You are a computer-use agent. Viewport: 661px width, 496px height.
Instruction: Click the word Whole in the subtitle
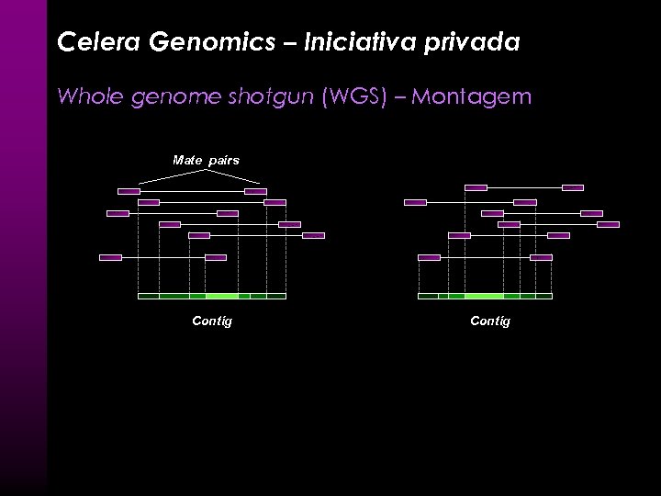[x=87, y=96]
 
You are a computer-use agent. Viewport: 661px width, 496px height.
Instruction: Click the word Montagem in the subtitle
[x=472, y=96]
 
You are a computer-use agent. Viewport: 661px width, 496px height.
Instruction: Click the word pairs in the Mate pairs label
[x=224, y=160]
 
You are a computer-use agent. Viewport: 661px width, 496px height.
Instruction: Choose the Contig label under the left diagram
[x=211, y=321]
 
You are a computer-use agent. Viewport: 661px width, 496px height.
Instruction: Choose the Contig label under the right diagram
[x=490, y=321]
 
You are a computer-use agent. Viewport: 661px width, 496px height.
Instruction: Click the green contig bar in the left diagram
[x=211, y=296]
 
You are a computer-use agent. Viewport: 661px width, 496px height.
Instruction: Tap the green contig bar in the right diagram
[x=484, y=296]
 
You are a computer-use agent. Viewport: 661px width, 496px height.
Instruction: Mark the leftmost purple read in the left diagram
[x=110, y=257]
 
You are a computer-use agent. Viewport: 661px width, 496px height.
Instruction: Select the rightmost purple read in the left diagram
[x=313, y=235]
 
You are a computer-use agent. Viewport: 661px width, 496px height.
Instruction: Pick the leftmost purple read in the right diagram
[x=415, y=202]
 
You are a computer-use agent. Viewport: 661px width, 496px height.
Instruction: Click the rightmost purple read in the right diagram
[x=608, y=224]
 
